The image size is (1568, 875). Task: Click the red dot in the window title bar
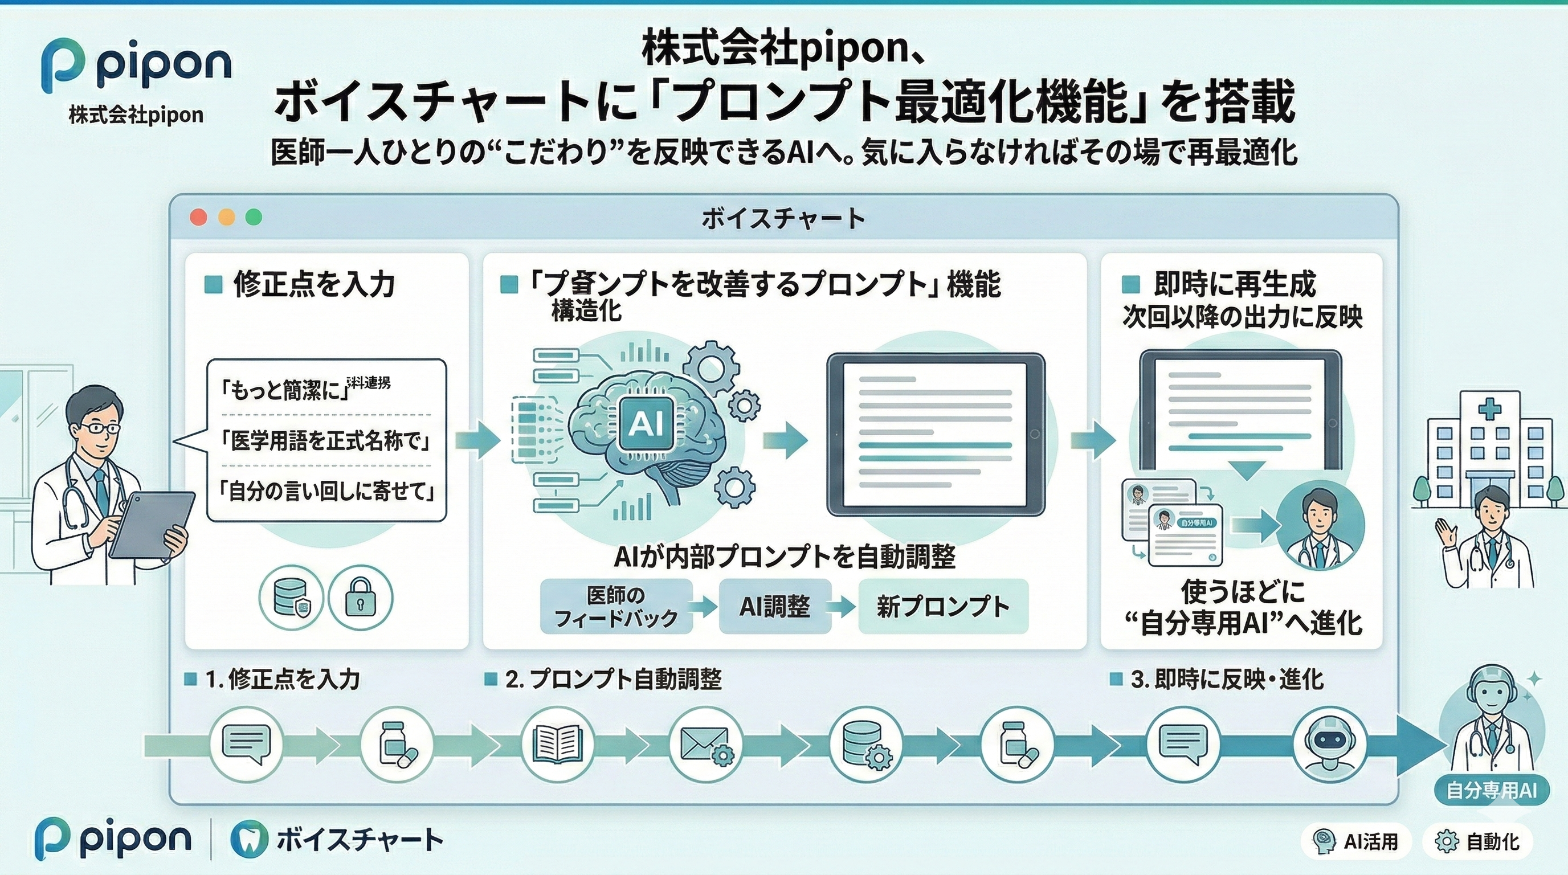click(x=198, y=217)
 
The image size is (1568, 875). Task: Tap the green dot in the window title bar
click(x=254, y=217)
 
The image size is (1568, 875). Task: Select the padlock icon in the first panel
click(x=360, y=598)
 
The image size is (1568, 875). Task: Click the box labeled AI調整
click(x=774, y=606)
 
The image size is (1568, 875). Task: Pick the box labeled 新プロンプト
click(x=943, y=607)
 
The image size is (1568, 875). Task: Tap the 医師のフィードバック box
click(x=616, y=607)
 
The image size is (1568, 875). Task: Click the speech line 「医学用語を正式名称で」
click(x=327, y=440)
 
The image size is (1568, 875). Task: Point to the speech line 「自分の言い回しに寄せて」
click(x=327, y=491)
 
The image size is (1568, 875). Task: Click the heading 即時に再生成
click(x=1235, y=284)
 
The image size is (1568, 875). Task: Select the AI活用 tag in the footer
click(x=1357, y=841)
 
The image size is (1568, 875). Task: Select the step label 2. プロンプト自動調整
click(x=613, y=679)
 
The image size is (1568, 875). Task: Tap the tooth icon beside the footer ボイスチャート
click(x=249, y=840)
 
